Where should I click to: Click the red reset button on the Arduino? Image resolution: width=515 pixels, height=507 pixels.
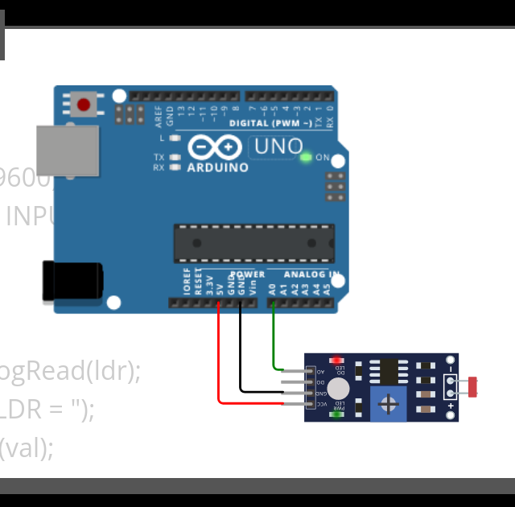pyautogui.click(x=83, y=104)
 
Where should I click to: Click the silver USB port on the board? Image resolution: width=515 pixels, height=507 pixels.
pyautogui.click(x=68, y=150)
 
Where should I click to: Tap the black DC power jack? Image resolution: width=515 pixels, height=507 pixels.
pyautogui.click(x=72, y=280)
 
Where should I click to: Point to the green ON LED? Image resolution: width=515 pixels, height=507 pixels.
pyautogui.click(x=306, y=156)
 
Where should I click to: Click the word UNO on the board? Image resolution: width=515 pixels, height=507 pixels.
pyautogui.click(x=278, y=146)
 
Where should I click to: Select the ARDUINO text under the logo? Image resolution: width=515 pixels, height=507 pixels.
pyautogui.click(x=217, y=167)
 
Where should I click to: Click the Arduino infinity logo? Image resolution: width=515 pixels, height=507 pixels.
pyautogui.click(x=215, y=147)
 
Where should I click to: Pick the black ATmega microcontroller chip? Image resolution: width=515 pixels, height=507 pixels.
pyautogui.click(x=253, y=243)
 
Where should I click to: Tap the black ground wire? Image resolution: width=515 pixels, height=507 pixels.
pyautogui.click(x=240, y=354)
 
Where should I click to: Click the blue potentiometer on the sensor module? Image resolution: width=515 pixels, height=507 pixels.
pyautogui.click(x=389, y=403)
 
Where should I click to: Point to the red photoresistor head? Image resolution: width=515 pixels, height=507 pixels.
pyautogui.click(x=472, y=387)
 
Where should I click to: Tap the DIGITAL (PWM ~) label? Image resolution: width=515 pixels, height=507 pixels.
pyautogui.click(x=270, y=123)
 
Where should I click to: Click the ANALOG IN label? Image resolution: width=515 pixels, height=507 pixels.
pyautogui.click(x=311, y=274)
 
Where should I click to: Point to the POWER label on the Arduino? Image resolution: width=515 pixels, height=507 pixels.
pyautogui.click(x=247, y=274)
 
